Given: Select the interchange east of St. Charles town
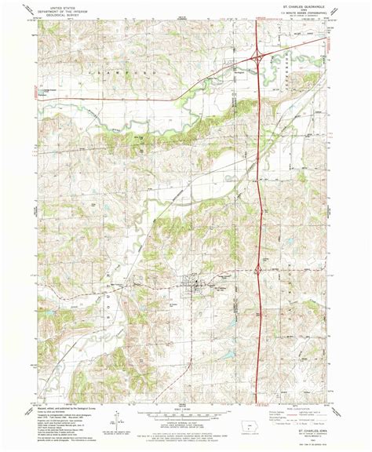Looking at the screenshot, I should (259, 271).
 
